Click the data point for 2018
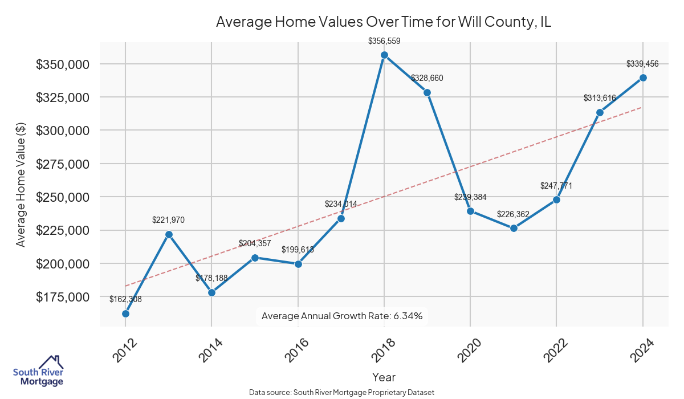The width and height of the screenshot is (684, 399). pos(384,55)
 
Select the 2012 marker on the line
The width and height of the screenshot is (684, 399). pos(125,313)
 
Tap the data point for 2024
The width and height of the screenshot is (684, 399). pos(643,78)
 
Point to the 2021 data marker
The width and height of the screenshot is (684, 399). pos(514,228)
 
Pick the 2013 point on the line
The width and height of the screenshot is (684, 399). pos(169,234)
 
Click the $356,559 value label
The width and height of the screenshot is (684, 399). pos(384,41)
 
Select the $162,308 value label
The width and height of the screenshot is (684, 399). pos(125,299)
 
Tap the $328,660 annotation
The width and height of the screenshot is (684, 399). pos(427,78)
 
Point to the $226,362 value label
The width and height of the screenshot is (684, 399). pos(514,214)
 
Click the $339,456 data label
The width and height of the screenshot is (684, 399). pos(642,64)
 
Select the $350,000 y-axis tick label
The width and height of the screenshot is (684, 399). pos(63,64)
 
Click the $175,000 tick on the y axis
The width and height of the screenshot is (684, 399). pos(63,297)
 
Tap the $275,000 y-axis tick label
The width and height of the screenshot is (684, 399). pos(63,164)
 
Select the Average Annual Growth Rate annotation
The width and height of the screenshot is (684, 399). pos(342,316)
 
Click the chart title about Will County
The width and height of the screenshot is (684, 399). pos(384,22)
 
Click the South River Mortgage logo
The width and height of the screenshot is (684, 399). pos(38,371)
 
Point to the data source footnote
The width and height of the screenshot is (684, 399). pos(342,392)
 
